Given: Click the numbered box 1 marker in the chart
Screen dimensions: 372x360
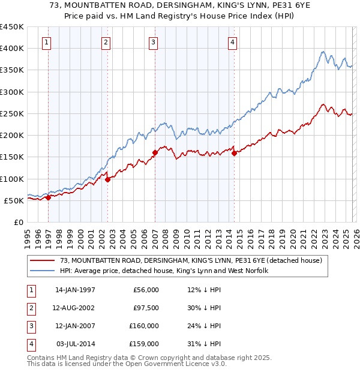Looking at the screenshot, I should tap(47, 42).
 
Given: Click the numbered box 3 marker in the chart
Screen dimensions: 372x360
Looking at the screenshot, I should tap(154, 42).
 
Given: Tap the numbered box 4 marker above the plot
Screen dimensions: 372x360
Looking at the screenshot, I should tap(232, 42).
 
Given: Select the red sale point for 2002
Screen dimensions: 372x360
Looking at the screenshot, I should tap(107, 179).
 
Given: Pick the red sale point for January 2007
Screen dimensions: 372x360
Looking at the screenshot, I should tap(155, 152).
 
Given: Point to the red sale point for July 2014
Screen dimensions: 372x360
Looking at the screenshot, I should tap(234, 152).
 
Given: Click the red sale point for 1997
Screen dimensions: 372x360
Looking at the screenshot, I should tap(48, 197).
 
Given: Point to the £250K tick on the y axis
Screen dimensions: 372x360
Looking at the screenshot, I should tap(12, 113).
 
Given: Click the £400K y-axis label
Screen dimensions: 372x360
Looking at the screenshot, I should tap(12, 48).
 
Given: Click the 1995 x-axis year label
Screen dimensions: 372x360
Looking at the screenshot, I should tap(28, 238).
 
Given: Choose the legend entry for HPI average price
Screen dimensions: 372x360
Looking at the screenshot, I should tap(163, 271).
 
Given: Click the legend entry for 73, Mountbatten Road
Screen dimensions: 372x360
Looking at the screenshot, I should tap(191, 260).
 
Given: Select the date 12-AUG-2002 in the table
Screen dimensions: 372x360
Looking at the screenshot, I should tap(74, 308).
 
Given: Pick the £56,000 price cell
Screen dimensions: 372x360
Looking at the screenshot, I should tap(146, 290).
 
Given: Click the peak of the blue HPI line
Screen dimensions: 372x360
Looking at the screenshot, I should tap(323, 52).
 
